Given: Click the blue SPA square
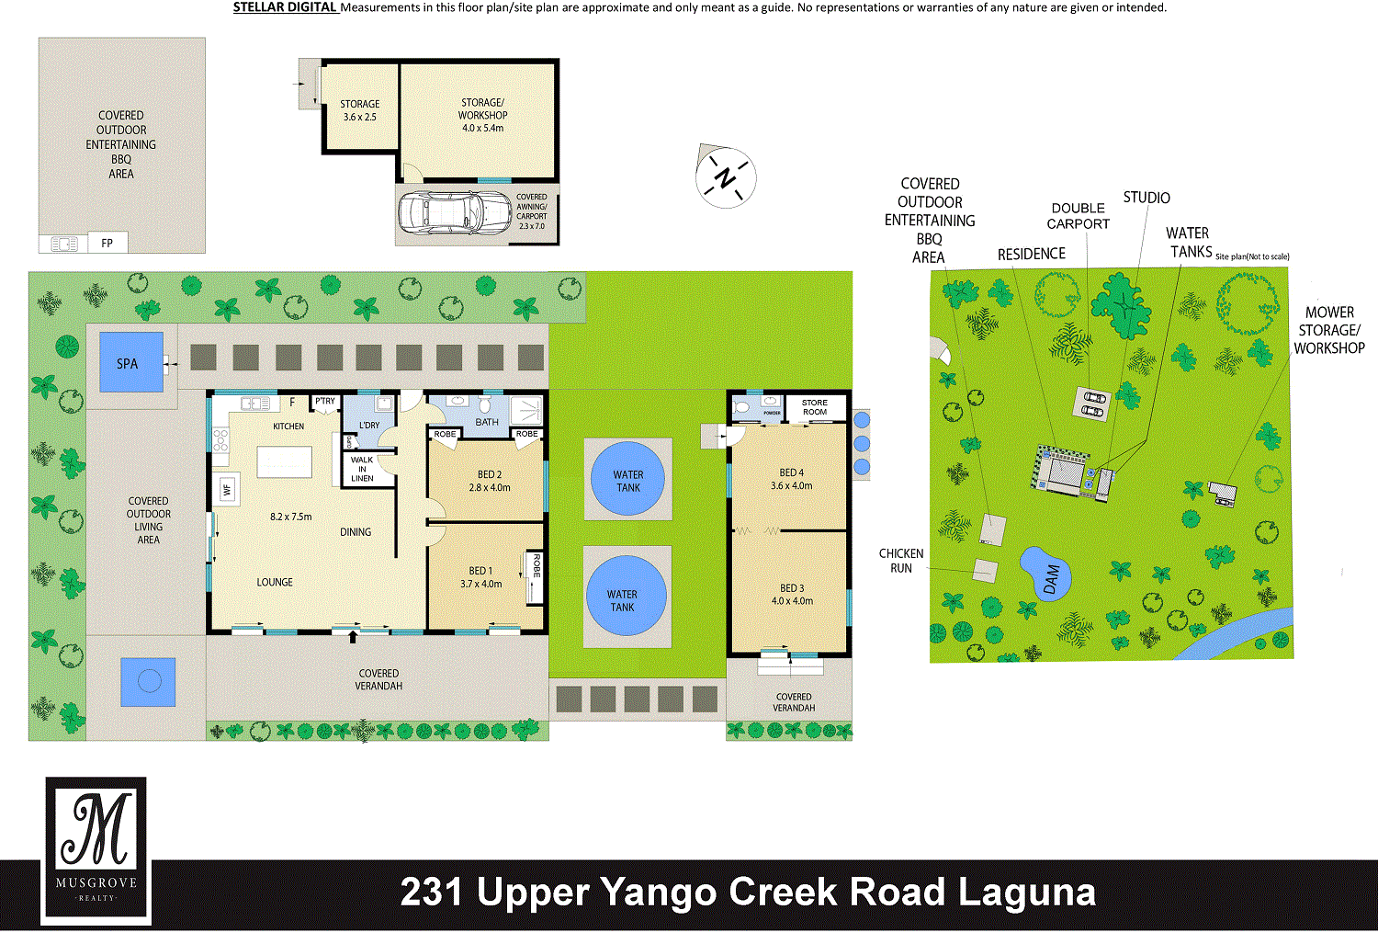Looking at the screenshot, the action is tap(131, 362).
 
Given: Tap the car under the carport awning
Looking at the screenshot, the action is tap(455, 213).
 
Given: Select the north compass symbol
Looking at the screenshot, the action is tap(726, 176).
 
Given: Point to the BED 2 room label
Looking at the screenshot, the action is tap(490, 474).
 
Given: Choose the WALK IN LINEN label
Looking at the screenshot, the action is tap(362, 469).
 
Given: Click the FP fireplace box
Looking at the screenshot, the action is tap(107, 243).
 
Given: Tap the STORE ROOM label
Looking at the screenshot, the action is tap(815, 407).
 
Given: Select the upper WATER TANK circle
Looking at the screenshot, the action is tap(627, 478).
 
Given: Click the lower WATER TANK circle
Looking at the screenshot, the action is tap(627, 596).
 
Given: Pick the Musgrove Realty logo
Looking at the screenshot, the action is tap(96, 850).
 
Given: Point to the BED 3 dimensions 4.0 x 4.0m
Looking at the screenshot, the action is tap(792, 601).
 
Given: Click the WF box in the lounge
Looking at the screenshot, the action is tap(227, 490).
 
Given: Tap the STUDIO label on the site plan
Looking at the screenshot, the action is tap(1146, 198).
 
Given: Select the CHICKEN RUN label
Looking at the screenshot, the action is tap(901, 561).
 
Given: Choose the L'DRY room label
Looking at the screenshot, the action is tap(369, 426).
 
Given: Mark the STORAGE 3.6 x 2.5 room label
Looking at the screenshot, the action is tap(360, 110).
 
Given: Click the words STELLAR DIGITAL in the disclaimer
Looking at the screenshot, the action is tap(285, 7).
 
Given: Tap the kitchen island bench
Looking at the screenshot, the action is tap(284, 461).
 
